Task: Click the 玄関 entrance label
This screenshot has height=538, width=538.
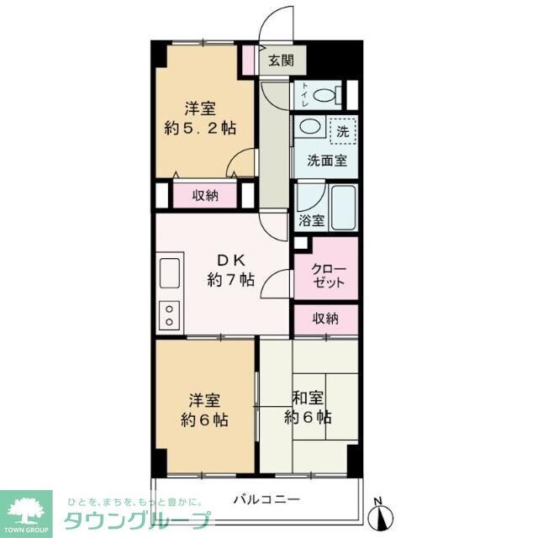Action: click(280, 60)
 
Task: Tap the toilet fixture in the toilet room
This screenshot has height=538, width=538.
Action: click(324, 95)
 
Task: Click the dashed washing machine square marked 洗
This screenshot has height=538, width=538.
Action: click(342, 131)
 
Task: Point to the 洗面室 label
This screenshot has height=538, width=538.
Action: click(324, 161)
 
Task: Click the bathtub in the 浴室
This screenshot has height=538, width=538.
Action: click(345, 207)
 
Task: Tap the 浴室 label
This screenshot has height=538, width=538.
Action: click(312, 221)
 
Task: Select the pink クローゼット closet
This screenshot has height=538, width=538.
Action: click(325, 275)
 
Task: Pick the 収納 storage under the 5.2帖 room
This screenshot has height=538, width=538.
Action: click(205, 196)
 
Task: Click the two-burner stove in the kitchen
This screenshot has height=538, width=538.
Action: click(169, 314)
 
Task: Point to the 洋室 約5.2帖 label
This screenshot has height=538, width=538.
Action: click(201, 119)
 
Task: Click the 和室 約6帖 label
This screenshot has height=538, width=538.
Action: click(307, 407)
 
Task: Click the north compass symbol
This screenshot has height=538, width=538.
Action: click(379, 509)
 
